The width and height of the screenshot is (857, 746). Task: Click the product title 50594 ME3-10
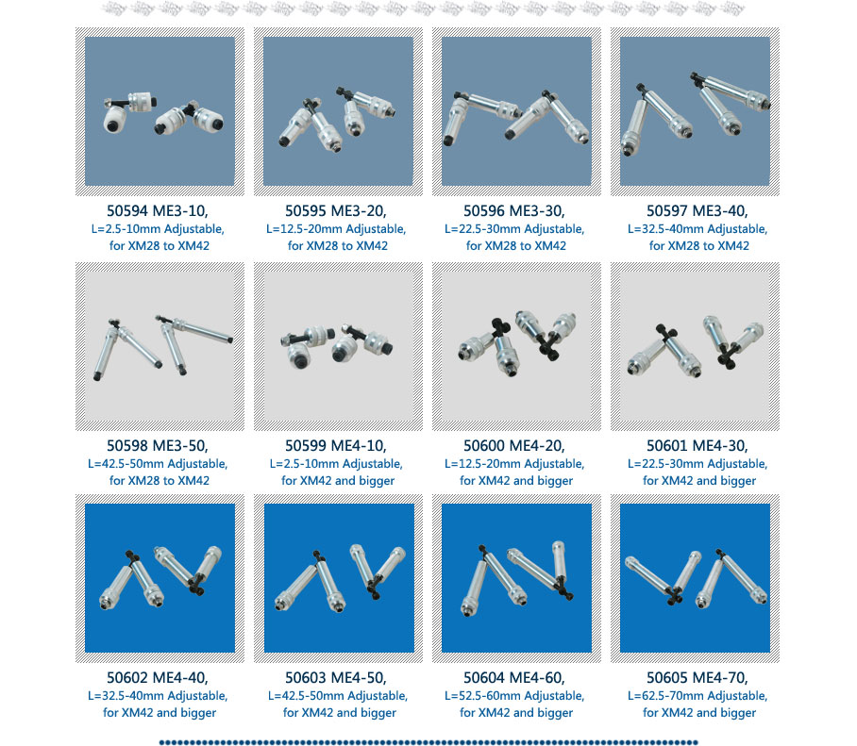pos(158,211)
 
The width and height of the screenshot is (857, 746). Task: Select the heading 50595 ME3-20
pos(336,211)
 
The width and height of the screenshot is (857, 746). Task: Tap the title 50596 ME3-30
pos(514,211)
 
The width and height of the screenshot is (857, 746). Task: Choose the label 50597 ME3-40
pos(697,211)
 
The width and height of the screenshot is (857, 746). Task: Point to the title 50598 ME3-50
pos(158,446)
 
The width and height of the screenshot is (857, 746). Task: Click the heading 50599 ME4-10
pos(336,446)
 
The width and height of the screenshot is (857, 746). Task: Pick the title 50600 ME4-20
pos(514,446)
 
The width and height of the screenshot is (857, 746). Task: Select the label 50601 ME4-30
pos(697,446)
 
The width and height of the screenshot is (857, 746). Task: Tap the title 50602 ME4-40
pos(158,678)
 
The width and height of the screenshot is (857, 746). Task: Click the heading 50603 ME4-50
pos(336,678)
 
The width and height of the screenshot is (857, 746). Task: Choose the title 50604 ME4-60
pos(514,678)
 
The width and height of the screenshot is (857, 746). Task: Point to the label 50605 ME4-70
pos(697,678)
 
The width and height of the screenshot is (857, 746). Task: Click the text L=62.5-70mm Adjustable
pos(697,696)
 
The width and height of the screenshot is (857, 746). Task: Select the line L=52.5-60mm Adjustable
pos(514,696)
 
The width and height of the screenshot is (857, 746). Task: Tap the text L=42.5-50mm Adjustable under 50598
pos(158,464)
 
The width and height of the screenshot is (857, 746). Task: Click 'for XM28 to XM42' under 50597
pos(699,246)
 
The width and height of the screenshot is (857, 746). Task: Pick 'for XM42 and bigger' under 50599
pos(338,481)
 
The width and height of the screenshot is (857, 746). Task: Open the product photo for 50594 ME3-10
pos(160,111)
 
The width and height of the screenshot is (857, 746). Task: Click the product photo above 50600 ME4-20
pos(516,346)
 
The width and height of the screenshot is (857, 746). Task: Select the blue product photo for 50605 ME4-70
pos(695,578)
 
